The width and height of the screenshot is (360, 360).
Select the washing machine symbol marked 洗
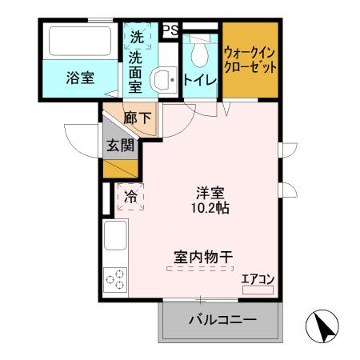coord(137,36)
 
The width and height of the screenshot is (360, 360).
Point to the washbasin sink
coord(164,78)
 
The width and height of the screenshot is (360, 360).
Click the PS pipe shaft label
coord(170,30)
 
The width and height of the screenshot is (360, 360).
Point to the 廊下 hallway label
coord(137,118)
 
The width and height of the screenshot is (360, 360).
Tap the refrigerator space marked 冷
coord(130,194)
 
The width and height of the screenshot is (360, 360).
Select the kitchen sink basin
coord(114,238)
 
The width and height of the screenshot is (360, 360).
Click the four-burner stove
coord(114,281)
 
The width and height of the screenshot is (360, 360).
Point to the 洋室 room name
coord(210,193)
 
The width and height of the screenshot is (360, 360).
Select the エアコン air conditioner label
coord(258,278)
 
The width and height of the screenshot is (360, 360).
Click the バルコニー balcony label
coord(222,321)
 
